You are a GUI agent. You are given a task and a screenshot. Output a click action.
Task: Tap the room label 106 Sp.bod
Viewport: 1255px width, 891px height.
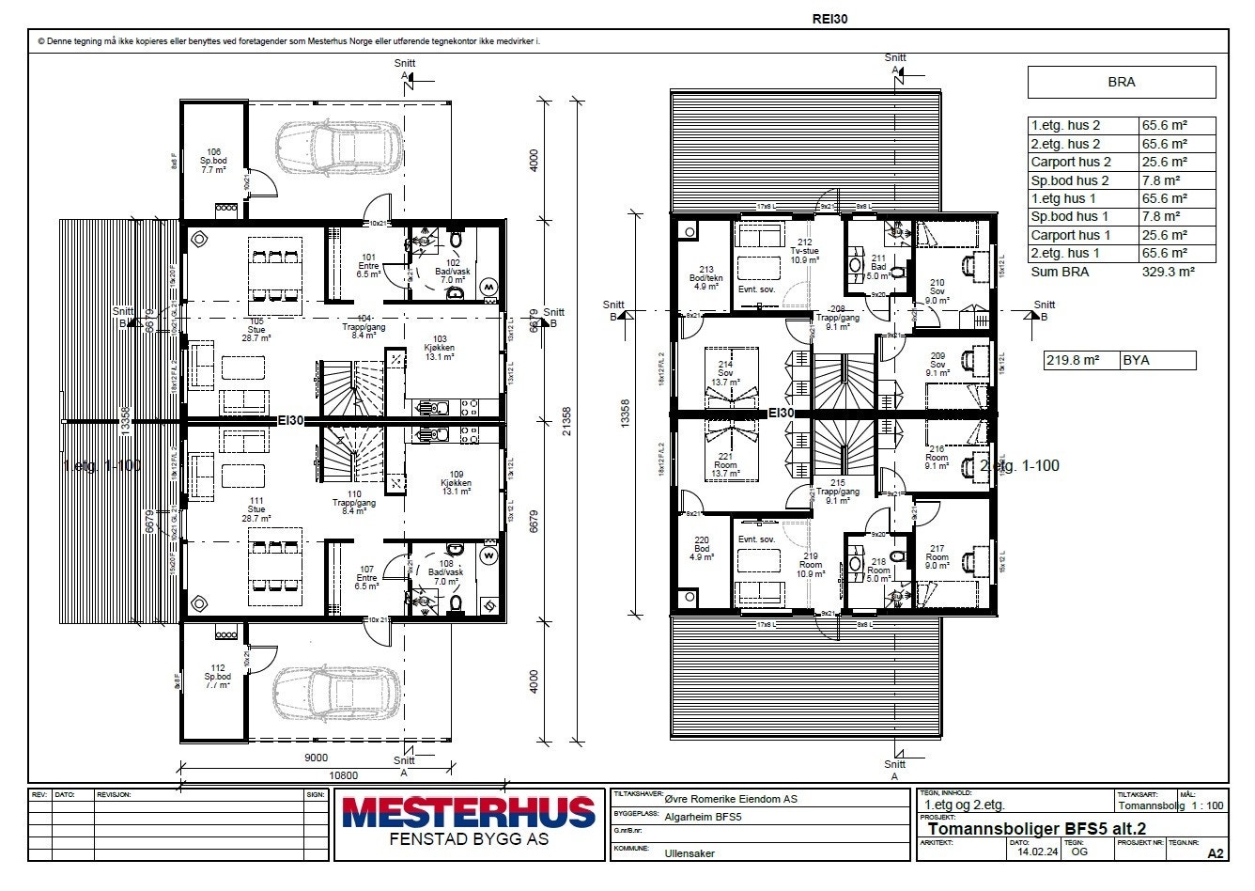coord(213,161)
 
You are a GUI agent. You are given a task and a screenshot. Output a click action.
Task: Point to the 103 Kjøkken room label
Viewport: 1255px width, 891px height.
coord(441,348)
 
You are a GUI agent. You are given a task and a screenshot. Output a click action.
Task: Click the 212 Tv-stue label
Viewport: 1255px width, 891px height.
coord(798,250)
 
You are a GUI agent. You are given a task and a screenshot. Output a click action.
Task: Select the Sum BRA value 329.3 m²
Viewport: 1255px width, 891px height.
coord(1166,272)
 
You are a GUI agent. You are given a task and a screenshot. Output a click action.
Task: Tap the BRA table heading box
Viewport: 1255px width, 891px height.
coord(1121,83)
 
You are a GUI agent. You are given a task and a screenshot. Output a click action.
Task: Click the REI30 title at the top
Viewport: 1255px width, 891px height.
coord(829,18)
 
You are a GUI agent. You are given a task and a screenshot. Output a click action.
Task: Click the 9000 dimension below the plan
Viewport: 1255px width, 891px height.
coord(316,758)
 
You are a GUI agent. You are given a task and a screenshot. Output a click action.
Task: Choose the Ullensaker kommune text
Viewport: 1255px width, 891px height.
coord(689,853)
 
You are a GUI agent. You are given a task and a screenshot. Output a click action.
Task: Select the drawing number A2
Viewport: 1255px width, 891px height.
coord(1216,853)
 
